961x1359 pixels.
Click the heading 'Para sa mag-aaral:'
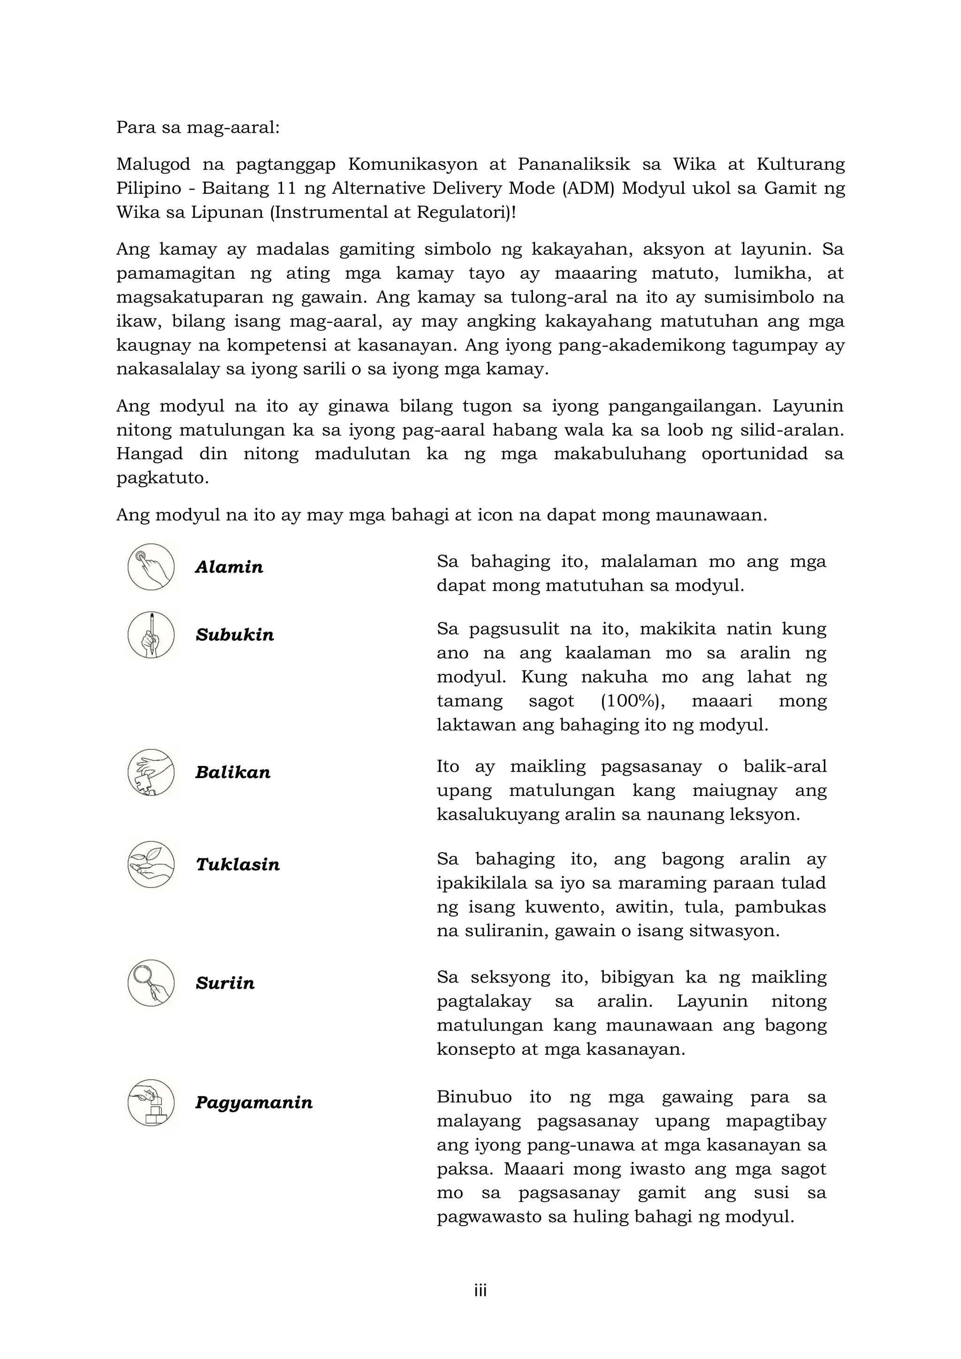point(198,127)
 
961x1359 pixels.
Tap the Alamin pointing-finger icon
point(151,567)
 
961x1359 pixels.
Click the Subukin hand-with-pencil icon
point(151,635)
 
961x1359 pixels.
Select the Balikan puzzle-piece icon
point(151,772)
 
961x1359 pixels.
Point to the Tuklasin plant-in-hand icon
point(151,865)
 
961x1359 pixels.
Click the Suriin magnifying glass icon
point(151,983)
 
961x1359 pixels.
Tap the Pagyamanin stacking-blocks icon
point(151,1103)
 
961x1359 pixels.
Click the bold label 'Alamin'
point(229,567)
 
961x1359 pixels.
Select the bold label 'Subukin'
point(235,635)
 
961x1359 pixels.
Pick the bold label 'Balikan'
point(233,772)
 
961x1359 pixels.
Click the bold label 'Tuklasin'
point(237,865)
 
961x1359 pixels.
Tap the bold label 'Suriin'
point(225,983)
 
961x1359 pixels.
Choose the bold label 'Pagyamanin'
point(254,1103)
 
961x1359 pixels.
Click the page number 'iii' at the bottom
point(480,1290)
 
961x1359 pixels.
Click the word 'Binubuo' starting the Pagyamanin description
point(474,1097)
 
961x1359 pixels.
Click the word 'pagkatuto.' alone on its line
point(163,478)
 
